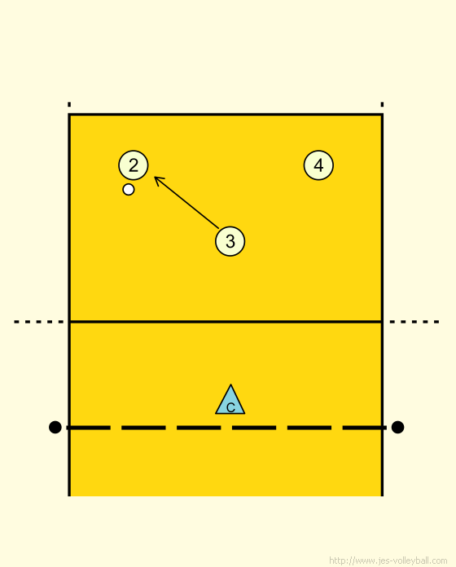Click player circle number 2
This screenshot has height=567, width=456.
point(134,165)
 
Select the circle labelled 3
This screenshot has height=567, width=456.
point(230,241)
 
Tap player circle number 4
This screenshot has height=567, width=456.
point(318,165)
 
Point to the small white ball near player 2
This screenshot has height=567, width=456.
point(129,190)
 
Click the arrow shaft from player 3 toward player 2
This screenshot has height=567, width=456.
point(186,203)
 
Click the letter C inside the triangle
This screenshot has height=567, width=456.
point(230,408)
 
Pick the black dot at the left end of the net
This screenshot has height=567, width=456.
point(55,427)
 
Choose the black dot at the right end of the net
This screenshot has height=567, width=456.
point(397,427)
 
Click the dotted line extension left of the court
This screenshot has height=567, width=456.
point(38,322)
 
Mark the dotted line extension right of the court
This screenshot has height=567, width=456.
point(414,322)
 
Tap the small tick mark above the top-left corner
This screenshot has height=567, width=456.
point(69,104)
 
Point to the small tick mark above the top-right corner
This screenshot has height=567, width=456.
point(382,104)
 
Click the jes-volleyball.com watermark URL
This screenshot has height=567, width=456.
point(388,560)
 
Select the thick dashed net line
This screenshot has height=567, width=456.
point(226,428)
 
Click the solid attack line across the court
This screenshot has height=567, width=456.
point(226,322)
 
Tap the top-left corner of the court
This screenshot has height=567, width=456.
point(69,115)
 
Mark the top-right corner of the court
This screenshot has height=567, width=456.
point(382,115)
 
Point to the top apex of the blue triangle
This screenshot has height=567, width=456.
point(230,385)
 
